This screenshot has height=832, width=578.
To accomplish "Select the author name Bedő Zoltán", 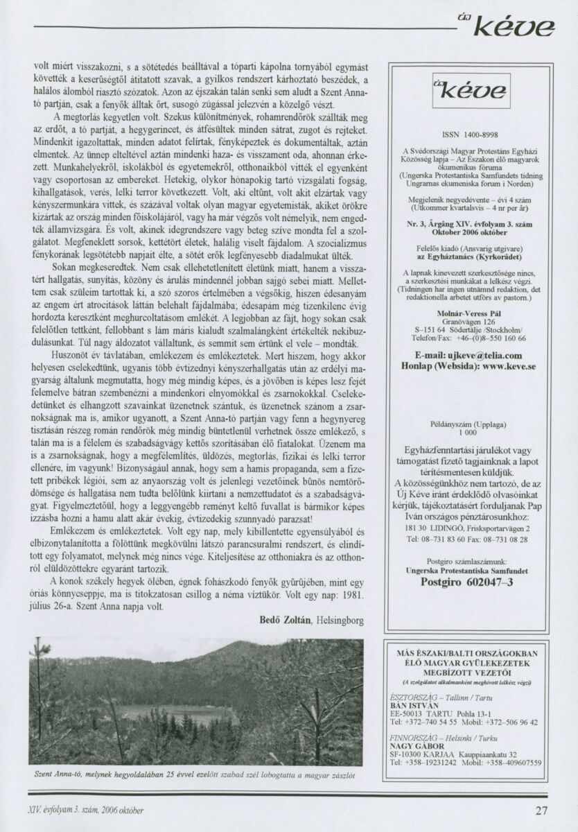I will coord(284,620).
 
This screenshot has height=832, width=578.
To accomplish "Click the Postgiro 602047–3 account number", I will coord(467,582).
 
